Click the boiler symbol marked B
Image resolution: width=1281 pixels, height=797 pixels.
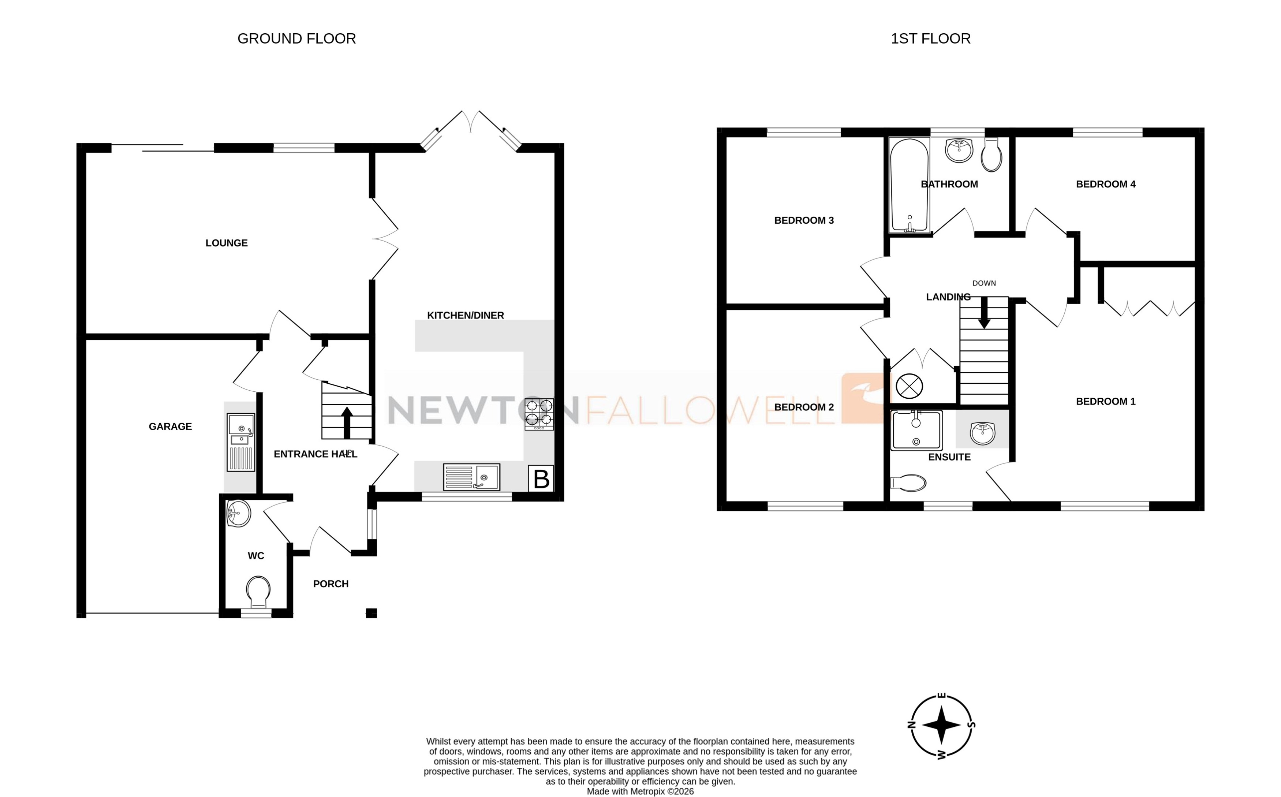(541, 478)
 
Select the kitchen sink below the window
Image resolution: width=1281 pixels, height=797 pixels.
(472, 477)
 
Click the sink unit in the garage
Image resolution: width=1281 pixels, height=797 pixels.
(241, 442)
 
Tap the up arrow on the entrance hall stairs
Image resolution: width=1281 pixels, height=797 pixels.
(347, 422)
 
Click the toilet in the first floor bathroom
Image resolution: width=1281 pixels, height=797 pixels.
(992, 154)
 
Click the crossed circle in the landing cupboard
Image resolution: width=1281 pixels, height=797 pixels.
(909, 386)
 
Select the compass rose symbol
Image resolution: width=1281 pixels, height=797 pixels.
(942, 725)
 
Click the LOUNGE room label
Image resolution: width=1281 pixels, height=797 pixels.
(227, 243)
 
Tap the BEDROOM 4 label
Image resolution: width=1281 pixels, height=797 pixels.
(1106, 184)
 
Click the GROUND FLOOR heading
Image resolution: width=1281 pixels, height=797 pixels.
(297, 38)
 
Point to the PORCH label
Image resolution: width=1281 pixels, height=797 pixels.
(330, 584)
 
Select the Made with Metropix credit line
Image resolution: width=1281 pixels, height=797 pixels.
(640, 791)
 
